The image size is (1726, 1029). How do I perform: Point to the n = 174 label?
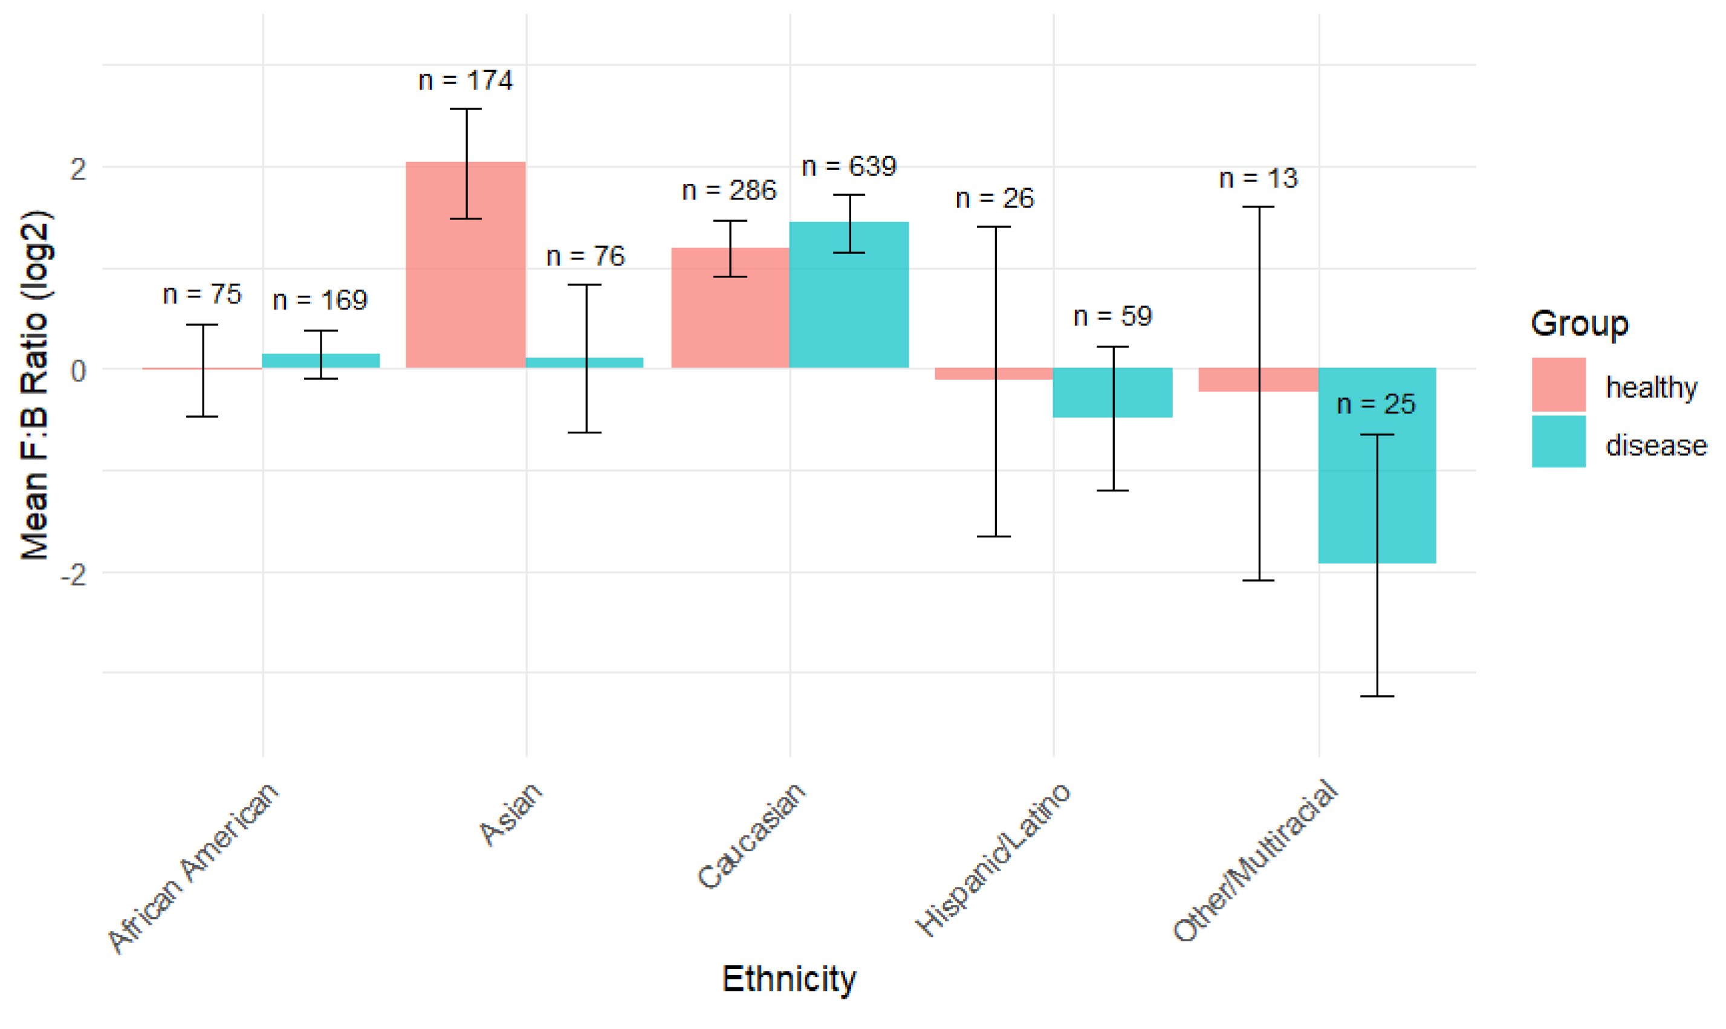pos(466,80)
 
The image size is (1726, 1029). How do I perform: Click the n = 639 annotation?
pos(849,166)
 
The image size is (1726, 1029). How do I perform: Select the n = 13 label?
pos(1258,178)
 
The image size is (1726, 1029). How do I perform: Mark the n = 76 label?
pos(586,256)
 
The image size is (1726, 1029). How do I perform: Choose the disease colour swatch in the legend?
pos(1559,442)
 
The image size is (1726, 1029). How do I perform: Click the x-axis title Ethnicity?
pos(789,979)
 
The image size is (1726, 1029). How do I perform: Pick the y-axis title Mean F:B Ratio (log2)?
pos(34,385)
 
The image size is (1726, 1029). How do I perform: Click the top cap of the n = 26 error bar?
pos(995,227)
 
